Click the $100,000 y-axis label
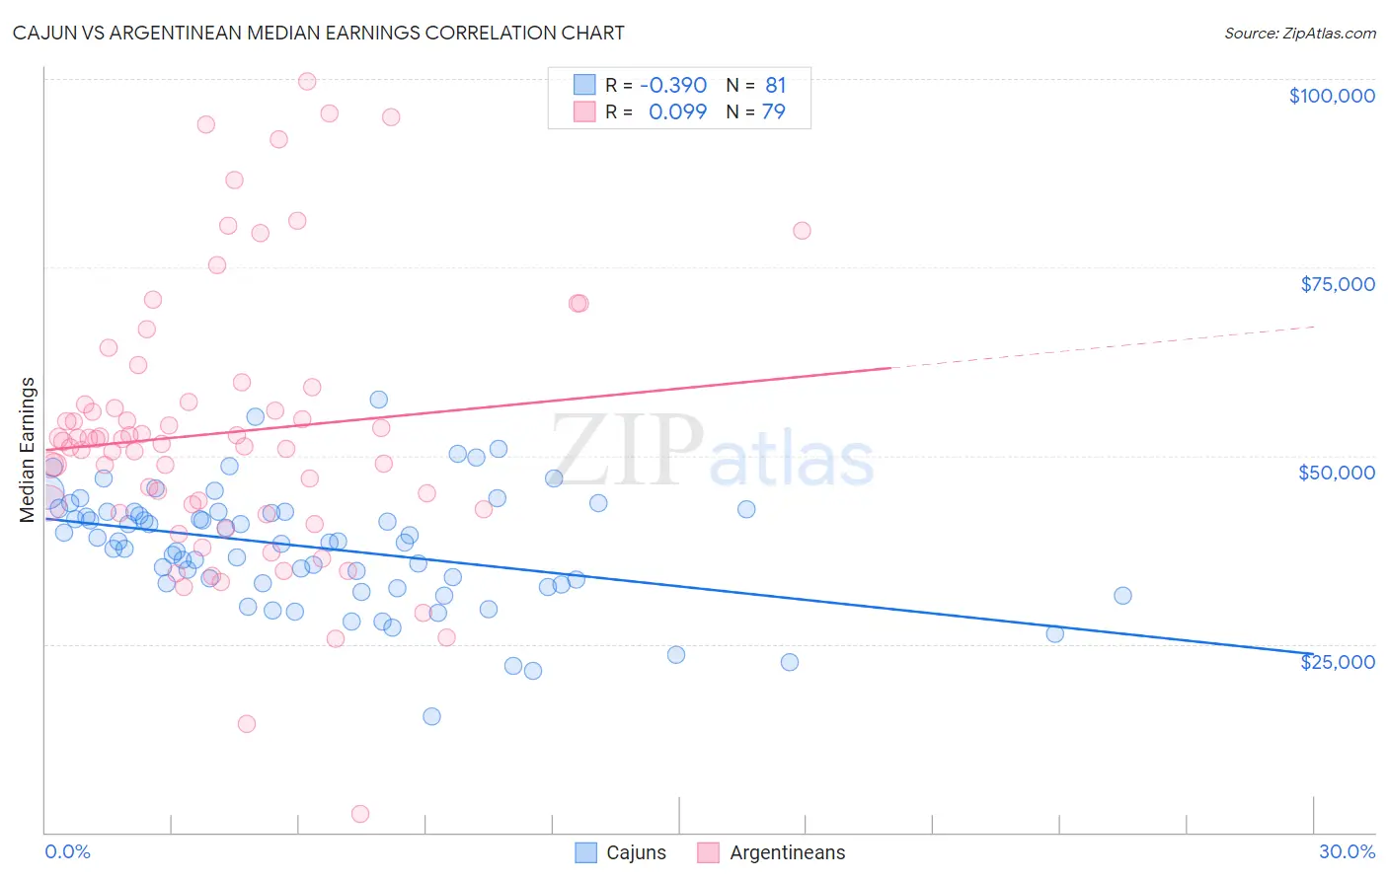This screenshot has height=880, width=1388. coord(1332,96)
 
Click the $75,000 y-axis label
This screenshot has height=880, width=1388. coord(1338,284)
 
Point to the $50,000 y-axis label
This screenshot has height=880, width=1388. coord(1337,473)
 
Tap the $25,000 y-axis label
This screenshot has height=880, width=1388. coord(1338,662)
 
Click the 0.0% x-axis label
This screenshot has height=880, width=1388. coord(67,851)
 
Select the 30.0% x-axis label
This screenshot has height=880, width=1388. coord(1347,851)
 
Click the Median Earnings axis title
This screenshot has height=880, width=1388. coord(28,449)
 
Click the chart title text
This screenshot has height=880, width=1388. coord(318,33)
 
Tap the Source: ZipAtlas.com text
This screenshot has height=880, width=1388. coord(1299,33)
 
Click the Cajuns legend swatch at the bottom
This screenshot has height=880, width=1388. coord(586,852)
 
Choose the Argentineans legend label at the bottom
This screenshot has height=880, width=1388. coord(787,852)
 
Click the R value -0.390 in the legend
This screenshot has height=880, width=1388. coord(673,86)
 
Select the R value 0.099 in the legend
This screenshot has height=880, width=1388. coord(677,111)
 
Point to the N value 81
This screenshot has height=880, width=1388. coord(776,86)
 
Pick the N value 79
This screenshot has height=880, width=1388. coord(774,111)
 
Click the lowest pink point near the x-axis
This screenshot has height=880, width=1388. coord(360,814)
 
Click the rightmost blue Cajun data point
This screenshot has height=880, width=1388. coord(1122,596)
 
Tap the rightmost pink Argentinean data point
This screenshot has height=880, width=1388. coord(802,231)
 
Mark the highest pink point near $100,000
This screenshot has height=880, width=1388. coord(307,82)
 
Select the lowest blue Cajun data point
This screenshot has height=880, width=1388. coord(431,716)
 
